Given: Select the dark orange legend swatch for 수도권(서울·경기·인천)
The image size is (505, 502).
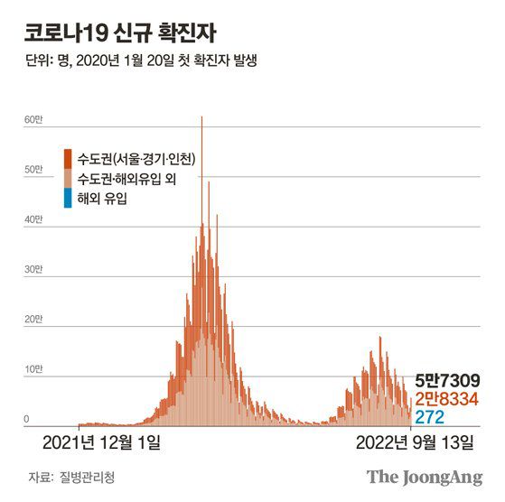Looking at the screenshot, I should (x=69, y=159).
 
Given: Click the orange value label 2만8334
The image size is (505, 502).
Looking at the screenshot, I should (x=447, y=398).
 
